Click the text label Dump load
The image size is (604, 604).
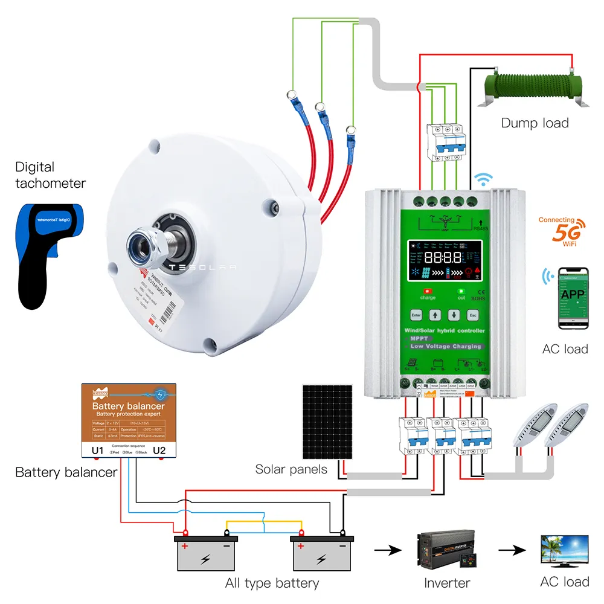(x=535, y=123)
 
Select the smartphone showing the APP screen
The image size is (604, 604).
(x=573, y=298)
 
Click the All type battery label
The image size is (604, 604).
(x=272, y=583)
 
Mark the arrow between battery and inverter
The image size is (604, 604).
(x=387, y=551)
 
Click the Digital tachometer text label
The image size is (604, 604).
(x=51, y=175)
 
